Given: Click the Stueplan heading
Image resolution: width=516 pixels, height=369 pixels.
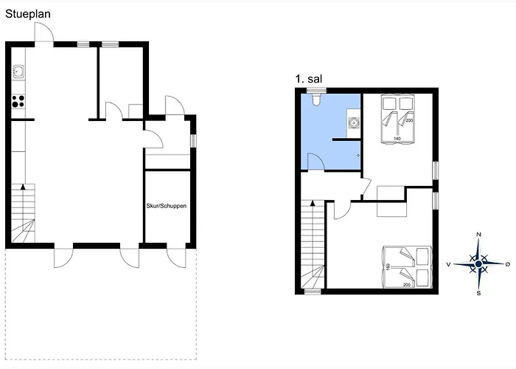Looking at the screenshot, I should (x=29, y=13).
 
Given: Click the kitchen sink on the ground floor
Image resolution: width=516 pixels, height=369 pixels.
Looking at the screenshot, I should (x=18, y=72).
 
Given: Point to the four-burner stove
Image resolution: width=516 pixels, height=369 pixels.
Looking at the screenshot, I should (x=18, y=100).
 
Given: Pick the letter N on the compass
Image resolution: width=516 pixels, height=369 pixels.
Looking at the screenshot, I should (x=479, y=235).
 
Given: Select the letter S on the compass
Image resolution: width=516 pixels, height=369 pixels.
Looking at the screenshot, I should (x=479, y=293).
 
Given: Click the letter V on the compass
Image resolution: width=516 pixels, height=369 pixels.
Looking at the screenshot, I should (x=450, y=263).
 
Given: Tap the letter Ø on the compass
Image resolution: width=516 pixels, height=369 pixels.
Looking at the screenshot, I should (x=507, y=263).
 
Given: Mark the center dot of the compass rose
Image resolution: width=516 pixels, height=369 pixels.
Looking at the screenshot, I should (x=479, y=263).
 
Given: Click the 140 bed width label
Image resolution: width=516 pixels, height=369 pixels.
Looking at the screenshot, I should (x=396, y=138).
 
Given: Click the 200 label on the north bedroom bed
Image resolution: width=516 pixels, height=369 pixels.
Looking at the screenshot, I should (x=410, y=120).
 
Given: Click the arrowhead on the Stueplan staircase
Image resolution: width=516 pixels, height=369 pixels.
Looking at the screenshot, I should (x=24, y=189).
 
